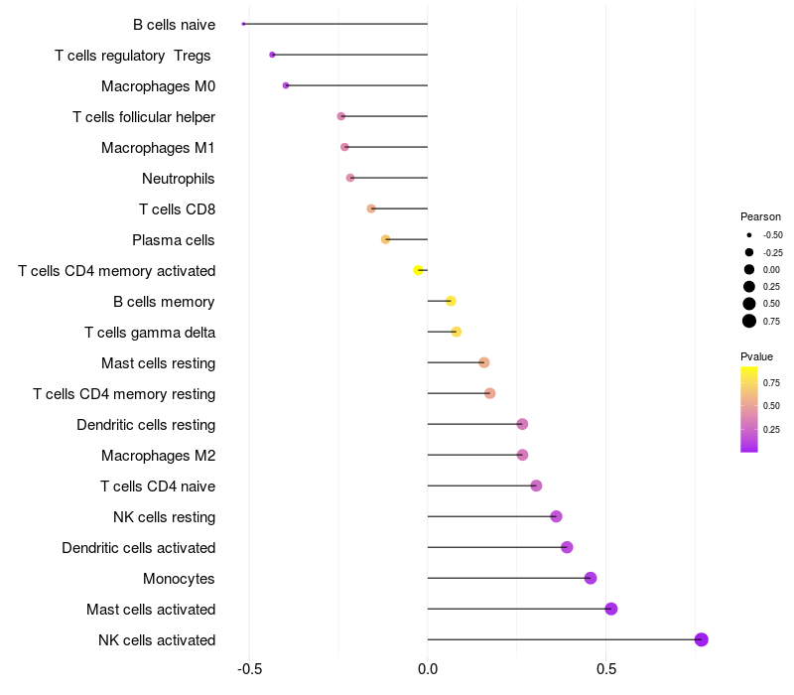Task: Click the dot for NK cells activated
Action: tap(702, 639)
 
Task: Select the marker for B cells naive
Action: tap(243, 24)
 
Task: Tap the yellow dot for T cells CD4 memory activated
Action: tap(419, 270)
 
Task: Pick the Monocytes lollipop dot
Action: tap(591, 578)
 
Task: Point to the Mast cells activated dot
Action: tap(611, 609)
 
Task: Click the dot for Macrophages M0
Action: tap(286, 85)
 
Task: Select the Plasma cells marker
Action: tap(386, 239)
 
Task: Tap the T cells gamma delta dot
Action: tap(457, 332)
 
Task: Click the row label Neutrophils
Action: tap(179, 179)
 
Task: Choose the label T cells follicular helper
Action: tap(144, 117)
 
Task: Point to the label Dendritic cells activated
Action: tap(139, 548)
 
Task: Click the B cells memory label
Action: tap(165, 302)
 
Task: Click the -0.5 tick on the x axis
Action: tap(249, 668)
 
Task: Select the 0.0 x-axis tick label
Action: tap(428, 668)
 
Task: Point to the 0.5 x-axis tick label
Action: tap(606, 668)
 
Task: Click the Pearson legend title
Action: tap(760, 216)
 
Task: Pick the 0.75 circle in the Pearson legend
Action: tap(749, 320)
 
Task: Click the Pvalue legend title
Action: tap(756, 356)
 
